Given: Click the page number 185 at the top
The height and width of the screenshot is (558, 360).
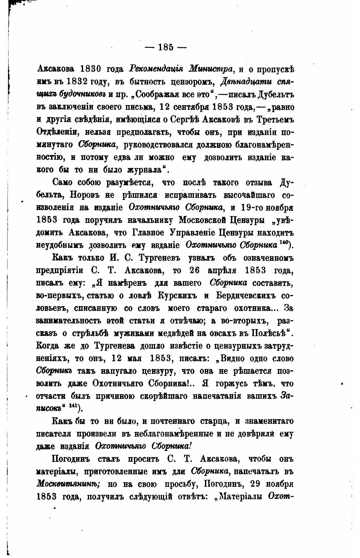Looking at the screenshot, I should point(165,47).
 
